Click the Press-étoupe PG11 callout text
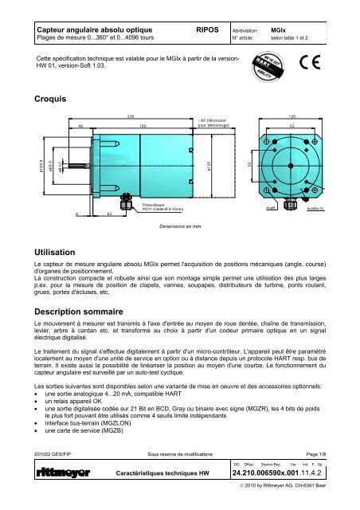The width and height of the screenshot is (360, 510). [x=163, y=206]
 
